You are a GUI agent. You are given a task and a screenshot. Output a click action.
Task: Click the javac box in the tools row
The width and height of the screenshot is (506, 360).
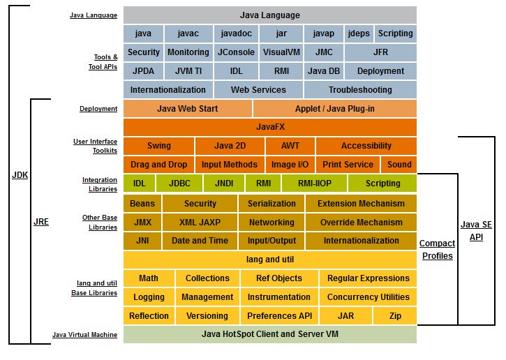point(188,33)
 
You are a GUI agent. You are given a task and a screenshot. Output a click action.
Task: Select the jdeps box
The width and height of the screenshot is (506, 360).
point(359,33)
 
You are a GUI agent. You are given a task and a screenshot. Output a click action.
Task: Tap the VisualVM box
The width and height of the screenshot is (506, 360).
point(281,52)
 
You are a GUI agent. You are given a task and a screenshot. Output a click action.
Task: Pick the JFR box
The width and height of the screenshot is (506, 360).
point(380,52)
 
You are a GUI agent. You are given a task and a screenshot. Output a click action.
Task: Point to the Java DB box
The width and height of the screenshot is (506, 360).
point(324,71)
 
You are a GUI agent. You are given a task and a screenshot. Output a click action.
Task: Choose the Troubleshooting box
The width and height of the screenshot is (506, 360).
point(360,90)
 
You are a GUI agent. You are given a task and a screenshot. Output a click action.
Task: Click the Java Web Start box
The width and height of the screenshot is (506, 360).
point(188,109)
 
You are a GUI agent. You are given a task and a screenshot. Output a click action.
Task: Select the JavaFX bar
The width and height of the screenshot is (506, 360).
point(270,127)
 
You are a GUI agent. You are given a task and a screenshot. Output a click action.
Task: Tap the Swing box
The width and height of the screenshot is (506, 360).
point(158,146)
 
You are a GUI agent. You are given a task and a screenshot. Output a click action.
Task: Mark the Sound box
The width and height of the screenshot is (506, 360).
point(399,165)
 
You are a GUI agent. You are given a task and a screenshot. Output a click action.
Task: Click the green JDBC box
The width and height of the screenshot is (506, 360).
point(179,183)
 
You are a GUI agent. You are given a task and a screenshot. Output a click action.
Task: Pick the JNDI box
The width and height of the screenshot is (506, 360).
point(224,183)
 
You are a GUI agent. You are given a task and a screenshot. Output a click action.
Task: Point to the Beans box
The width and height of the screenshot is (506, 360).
point(142,204)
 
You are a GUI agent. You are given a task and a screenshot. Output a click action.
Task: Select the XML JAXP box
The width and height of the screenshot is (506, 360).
point(200,223)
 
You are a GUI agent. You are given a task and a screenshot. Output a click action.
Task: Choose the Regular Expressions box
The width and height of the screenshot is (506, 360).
point(369,278)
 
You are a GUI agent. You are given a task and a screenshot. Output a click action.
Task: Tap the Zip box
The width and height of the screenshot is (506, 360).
point(395,316)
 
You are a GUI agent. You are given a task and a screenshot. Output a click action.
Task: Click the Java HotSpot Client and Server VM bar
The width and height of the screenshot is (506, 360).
point(270,334)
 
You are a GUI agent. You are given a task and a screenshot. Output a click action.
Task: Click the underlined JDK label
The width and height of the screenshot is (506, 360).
point(20,175)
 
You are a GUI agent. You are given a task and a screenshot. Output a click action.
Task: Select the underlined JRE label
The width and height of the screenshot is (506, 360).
point(41,222)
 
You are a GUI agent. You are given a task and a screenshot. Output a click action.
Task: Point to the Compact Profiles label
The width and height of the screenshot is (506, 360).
point(438,249)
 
